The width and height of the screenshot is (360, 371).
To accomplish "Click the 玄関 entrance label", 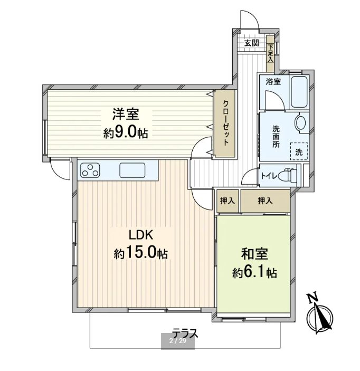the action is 252,43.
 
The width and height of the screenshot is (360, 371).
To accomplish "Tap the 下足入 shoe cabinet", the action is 270,53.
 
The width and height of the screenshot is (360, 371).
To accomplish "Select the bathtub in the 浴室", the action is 299,92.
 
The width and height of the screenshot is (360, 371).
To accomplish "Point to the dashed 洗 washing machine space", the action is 299,151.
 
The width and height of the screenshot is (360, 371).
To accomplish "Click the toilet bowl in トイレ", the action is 288,175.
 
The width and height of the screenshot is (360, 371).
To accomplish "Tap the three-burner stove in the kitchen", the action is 90,170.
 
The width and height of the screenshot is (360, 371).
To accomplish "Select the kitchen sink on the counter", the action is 132,170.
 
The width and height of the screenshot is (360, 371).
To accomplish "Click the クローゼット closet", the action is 224,123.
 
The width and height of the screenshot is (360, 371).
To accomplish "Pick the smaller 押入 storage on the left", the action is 228,201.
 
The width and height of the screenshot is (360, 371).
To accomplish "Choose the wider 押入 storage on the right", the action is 266,201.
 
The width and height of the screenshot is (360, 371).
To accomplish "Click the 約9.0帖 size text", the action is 126,133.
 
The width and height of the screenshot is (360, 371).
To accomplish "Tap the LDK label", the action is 141,235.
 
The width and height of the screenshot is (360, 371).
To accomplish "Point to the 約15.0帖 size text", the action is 141,253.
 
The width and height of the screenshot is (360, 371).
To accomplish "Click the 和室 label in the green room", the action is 254,254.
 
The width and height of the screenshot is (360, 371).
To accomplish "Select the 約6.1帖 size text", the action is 254,272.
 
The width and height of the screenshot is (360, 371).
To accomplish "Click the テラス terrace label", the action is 185,334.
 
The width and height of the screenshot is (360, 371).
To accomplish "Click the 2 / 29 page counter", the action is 178,341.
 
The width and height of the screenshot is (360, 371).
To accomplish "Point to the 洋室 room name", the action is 126,115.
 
